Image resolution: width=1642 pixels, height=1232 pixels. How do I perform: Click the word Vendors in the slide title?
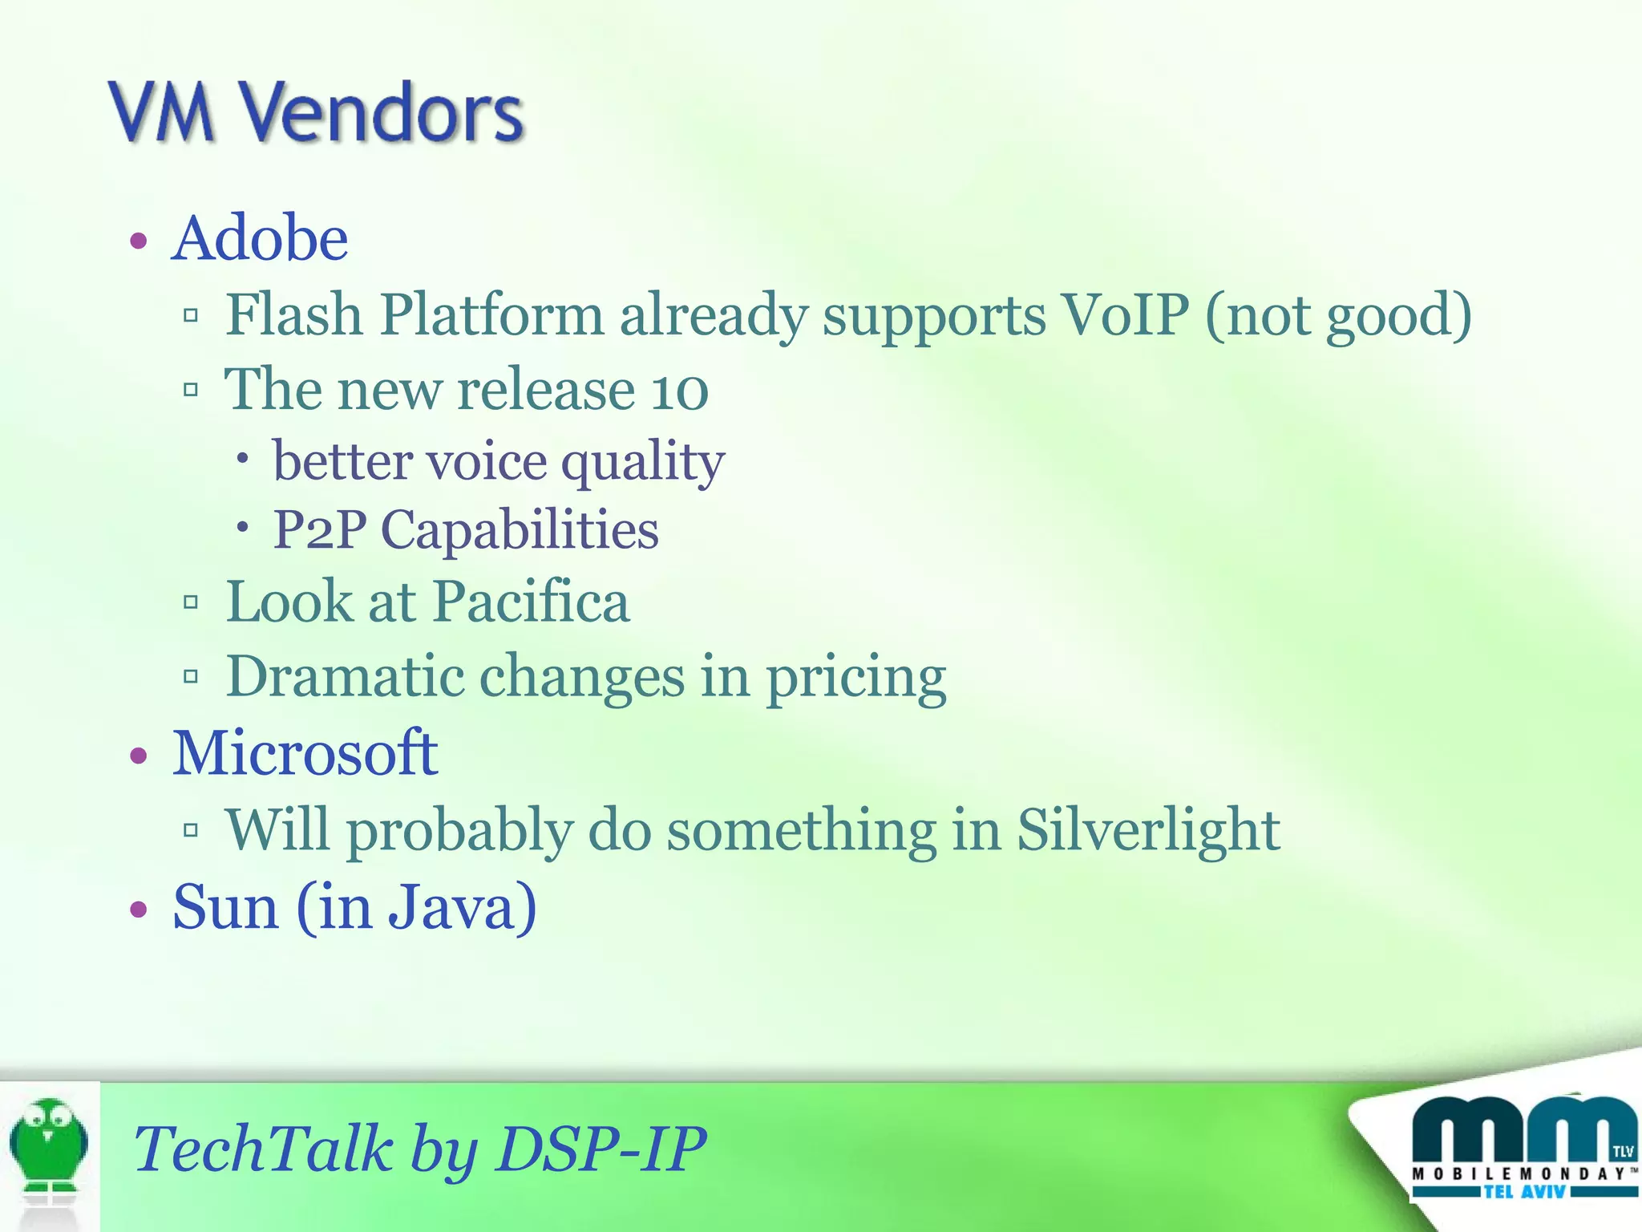click(x=383, y=112)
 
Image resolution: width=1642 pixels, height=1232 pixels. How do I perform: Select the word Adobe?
click(x=260, y=238)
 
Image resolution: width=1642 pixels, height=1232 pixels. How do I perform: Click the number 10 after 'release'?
click(x=679, y=391)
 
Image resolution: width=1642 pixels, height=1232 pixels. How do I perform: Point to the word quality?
click(x=643, y=463)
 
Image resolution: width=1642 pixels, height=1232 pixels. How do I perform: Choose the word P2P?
click(x=319, y=530)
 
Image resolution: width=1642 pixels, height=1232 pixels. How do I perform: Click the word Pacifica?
click(x=532, y=602)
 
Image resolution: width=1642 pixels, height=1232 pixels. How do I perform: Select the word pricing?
click(x=855, y=676)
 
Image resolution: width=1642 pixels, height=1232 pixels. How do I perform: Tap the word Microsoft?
click(x=305, y=753)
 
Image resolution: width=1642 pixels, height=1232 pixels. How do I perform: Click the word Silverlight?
click(x=1148, y=829)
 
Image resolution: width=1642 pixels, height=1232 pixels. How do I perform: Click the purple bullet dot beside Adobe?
click(x=140, y=241)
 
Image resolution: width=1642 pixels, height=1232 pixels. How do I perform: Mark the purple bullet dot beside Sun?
click(x=140, y=910)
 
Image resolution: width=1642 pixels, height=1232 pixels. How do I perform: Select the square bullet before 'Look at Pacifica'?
click(x=191, y=602)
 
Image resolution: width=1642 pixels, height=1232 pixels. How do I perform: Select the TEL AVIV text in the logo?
click(x=1523, y=1192)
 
